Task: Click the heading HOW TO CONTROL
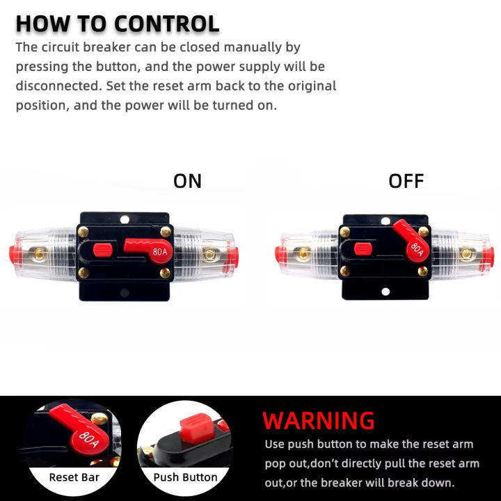pos(117,23)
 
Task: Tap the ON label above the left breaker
pos(187,181)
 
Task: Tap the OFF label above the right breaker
pos(406,181)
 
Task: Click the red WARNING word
pos(319,420)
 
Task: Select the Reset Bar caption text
pos(74,477)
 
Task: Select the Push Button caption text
pos(185,477)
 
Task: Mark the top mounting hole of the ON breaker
pos(125,219)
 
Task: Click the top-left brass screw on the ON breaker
pos(84,232)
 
